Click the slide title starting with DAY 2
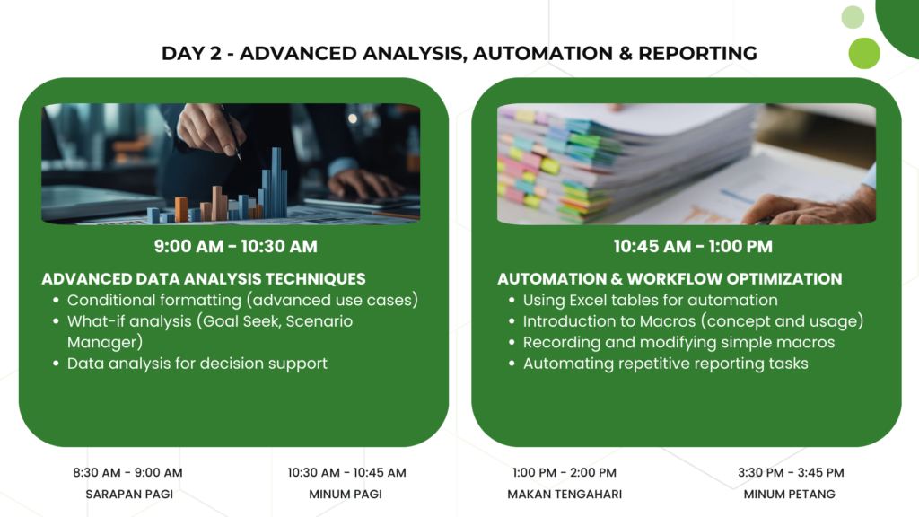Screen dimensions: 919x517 pyautogui.click(x=459, y=53)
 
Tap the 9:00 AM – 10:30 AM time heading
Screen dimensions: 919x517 pyautogui.click(x=236, y=246)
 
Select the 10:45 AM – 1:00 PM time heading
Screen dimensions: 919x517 pyautogui.click(x=693, y=246)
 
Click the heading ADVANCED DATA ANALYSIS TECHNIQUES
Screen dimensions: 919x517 pyautogui.click(x=204, y=279)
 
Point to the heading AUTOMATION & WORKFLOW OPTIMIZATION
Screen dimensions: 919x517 pyautogui.click(x=670, y=279)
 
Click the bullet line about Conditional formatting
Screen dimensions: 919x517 pyautogui.click(x=242, y=300)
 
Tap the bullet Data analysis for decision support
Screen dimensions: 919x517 pyautogui.click(x=197, y=364)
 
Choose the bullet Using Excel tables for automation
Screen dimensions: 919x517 pyautogui.click(x=651, y=300)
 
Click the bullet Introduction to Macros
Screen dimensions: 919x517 pyautogui.click(x=694, y=321)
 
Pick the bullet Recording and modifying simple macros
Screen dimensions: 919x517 pyautogui.click(x=678, y=342)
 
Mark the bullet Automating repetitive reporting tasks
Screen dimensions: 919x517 pyautogui.click(x=665, y=364)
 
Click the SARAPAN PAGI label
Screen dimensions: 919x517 pyautogui.click(x=129, y=495)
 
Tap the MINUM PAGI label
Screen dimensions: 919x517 pyautogui.click(x=346, y=495)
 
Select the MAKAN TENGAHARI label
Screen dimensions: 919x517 pyautogui.click(x=565, y=495)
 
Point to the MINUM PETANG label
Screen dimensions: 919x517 pyautogui.click(x=790, y=495)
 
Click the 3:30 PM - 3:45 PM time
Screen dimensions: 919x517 pyautogui.click(x=791, y=472)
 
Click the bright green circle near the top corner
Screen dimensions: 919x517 pyautogui.click(x=864, y=53)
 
